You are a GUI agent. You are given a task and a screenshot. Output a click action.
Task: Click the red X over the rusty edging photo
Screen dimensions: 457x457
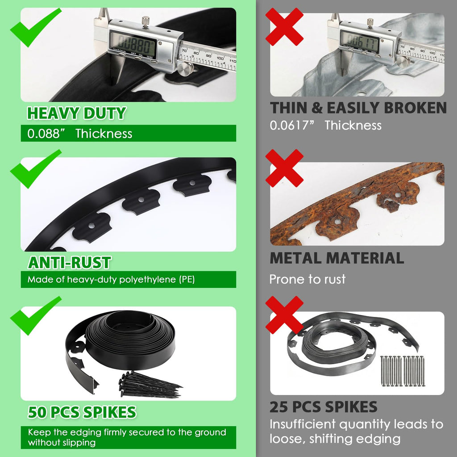[284, 168]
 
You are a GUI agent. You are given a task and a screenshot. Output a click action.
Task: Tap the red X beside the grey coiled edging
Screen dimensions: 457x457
[284, 315]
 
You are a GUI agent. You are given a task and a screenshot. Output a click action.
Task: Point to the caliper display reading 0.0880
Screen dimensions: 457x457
[133, 45]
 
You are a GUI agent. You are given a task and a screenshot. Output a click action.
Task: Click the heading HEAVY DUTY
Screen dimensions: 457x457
[76, 113]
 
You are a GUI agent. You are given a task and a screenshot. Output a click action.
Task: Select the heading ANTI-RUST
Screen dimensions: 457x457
[69, 262]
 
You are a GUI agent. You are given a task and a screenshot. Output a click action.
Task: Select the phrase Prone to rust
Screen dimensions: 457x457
[307, 279]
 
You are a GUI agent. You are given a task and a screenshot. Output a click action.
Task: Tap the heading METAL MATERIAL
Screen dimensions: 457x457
[337, 258]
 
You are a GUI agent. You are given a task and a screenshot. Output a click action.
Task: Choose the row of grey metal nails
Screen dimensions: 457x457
[403, 371]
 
